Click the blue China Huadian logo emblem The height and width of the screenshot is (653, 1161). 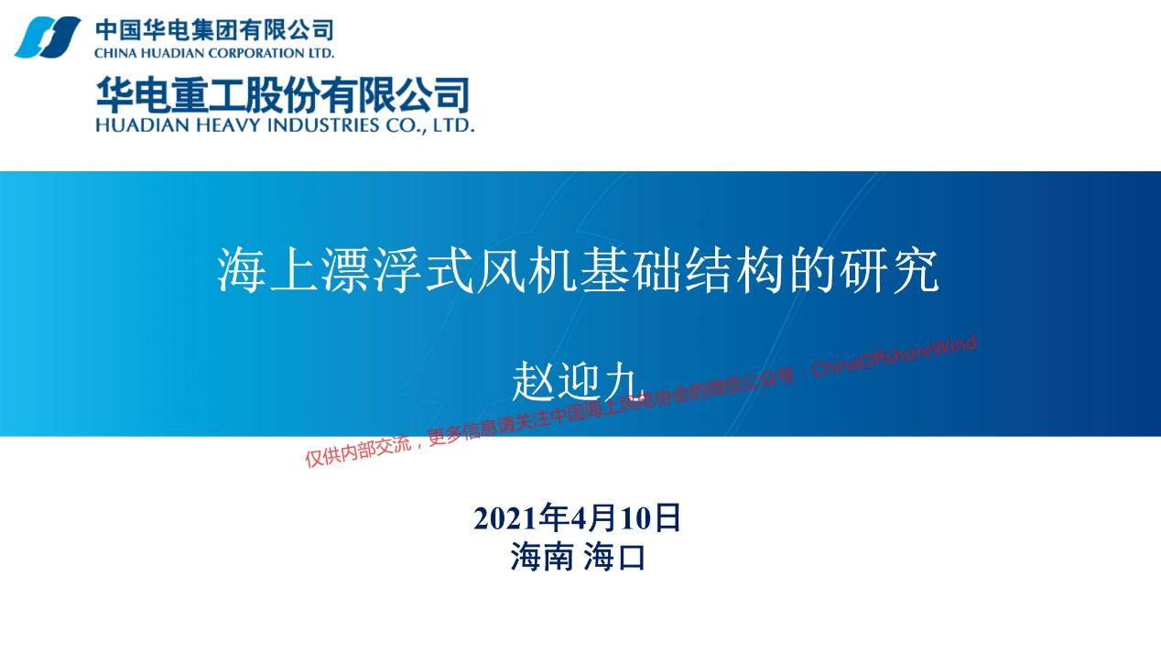pyautogui.click(x=48, y=37)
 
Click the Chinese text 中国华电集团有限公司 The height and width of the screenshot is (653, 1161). pyautogui.click(x=214, y=30)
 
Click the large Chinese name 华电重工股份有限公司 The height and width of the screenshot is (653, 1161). pyautogui.click(x=283, y=94)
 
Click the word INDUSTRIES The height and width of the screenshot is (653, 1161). pyautogui.click(x=323, y=125)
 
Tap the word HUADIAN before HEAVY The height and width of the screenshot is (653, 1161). pyautogui.click(x=142, y=125)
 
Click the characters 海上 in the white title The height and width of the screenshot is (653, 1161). pyautogui.click(x=267, y=270)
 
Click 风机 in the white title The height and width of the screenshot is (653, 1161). pyautogui.click(x=526, y=270)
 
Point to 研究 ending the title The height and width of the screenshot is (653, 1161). pyautogui.click(x=889, y=270)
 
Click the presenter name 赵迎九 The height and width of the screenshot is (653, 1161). pyautogui.click(x=575, y=382)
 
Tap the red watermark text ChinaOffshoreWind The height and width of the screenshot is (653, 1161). pyautogui.click(x=894, y=356)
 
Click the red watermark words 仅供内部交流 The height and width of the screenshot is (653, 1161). pyautogui.click(x=359, y=452)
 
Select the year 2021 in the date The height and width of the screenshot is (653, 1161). pyautogui.click(x=505, y=517)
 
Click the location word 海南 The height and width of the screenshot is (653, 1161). pyautogui.click(x=542, y=557)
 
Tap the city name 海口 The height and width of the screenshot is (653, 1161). pyautogui.click(x=614, y=557)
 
